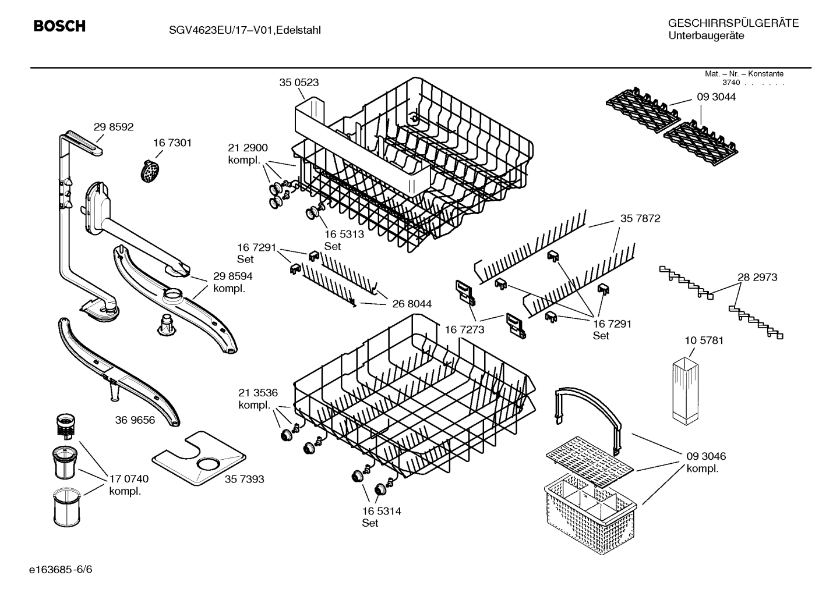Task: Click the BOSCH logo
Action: tap(59, 26)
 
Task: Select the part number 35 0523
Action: tap(299, 83)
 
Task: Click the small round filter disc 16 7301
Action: tap(150, 171)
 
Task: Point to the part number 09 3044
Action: tap(716, 97)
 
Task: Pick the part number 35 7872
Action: tap(640, 219)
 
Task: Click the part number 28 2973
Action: tap(757, 278)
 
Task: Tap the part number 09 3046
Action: tap(706, 456)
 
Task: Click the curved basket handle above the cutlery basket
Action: tap(588, 407)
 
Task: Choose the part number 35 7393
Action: tap(244, 479)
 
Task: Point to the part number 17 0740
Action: tap(129, 479)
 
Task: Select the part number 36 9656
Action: tap(135, 420)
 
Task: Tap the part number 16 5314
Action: tap(381, 511)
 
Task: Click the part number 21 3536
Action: tap(258, 392)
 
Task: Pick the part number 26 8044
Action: tap(412, 304)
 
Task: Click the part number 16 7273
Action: tap(464, 330)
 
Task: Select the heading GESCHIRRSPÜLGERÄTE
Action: tap(733, 24)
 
